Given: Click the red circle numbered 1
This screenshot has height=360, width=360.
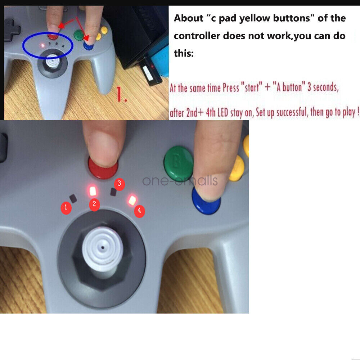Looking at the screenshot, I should click(x=66, y=207).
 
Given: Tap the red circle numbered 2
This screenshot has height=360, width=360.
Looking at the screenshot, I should click(x=94, y=204).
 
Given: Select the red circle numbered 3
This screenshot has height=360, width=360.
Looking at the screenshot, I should click(x=119, y=185).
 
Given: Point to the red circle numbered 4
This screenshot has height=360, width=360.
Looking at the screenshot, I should click(x=139, y=211).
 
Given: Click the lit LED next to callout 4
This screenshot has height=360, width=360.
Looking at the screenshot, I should click(x=132, y=200).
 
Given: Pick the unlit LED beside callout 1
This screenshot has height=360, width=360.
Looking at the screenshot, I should click(x=73, y=199).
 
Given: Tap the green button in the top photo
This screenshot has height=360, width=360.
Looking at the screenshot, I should click(x=78, y=35).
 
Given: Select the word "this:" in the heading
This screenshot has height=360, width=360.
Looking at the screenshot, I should click(x=184, y=53).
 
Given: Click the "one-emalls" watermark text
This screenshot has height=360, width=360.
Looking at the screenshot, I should click(x=180, y=180).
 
